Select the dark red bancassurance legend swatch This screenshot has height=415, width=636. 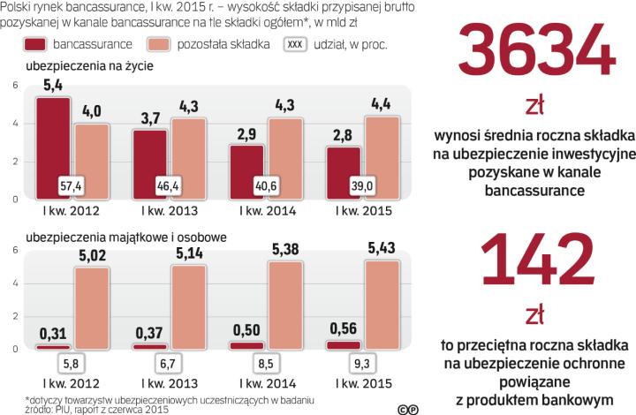pos(35,43)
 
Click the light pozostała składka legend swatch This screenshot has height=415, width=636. pos(161,43)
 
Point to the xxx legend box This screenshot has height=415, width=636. pos(298,43)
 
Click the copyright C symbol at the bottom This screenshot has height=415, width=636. pos(403,407)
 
